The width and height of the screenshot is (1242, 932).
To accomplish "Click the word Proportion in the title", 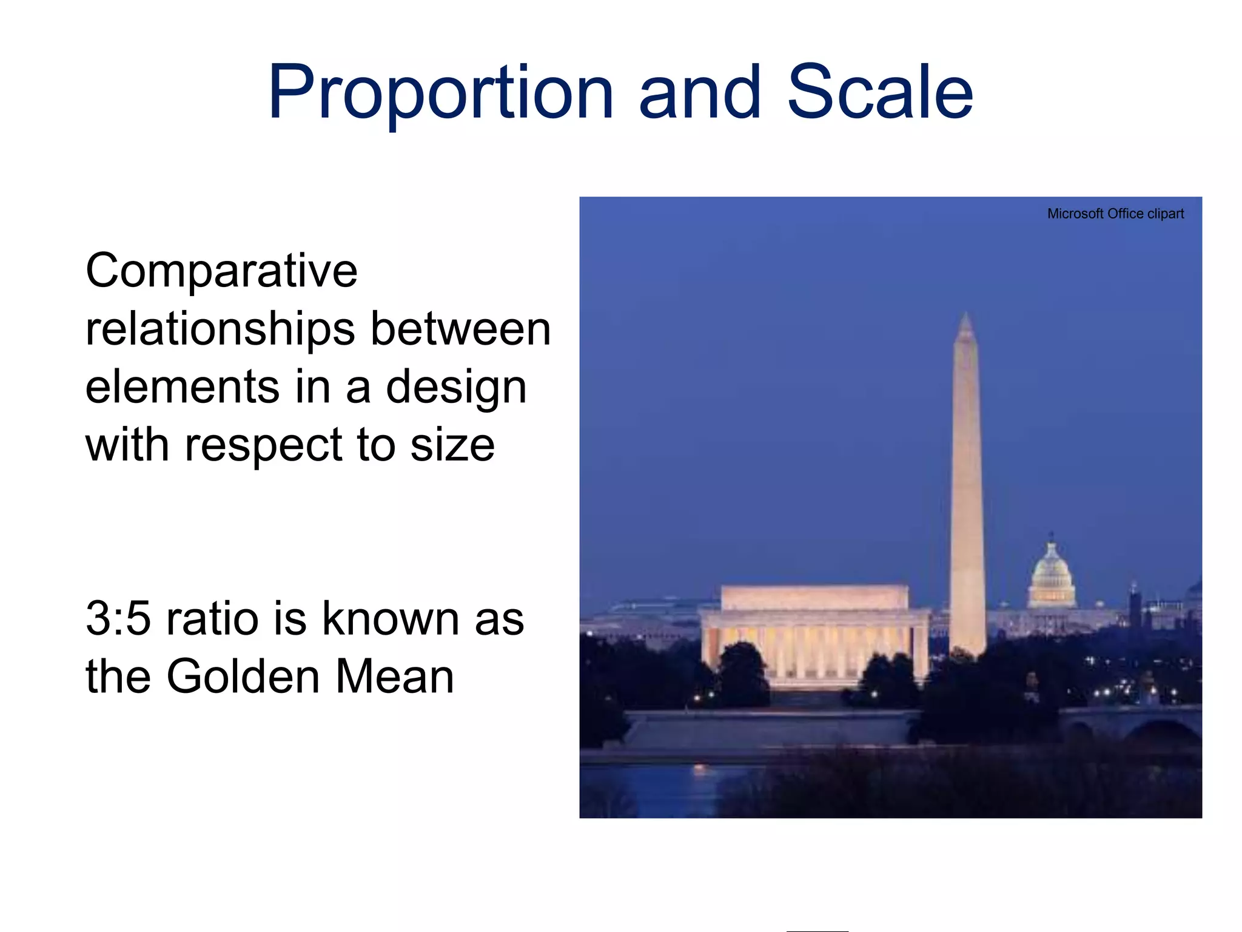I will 441,94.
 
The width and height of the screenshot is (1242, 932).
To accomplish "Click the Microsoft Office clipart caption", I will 1115,214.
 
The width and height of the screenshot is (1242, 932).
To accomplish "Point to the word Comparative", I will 221,271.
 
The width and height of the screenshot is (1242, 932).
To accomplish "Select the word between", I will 460,329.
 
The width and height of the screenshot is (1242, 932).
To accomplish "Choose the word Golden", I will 243,677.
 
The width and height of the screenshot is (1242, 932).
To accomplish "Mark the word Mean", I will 394,677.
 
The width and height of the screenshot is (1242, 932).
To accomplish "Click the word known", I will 390,619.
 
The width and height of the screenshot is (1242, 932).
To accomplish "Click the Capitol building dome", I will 1052,570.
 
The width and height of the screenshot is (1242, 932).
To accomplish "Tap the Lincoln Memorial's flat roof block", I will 814,598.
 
